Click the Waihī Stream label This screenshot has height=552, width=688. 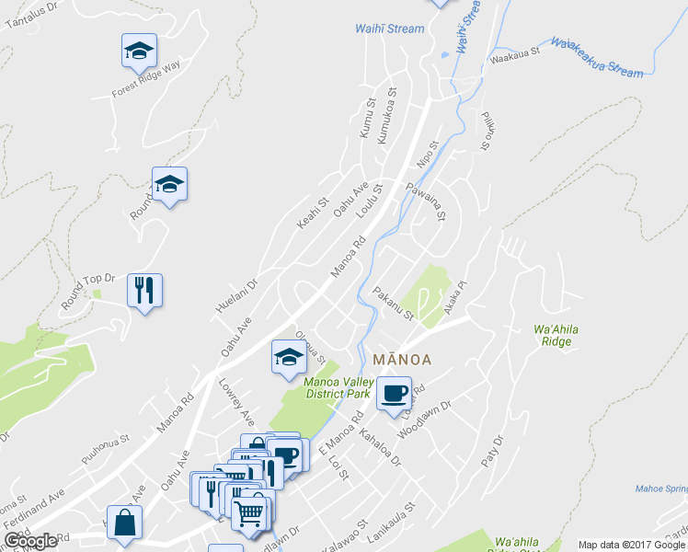(x=390, y=29)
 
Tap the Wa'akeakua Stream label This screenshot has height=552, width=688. (x=597, y=56)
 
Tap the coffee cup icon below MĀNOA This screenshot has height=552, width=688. (x=393, y=393)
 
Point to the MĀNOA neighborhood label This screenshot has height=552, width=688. (x=403, y=358)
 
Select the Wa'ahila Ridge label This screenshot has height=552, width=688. (x=552, y=335)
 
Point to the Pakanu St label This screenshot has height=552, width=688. (x=394, y=305)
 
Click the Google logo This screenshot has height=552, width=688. (x=30, y=540)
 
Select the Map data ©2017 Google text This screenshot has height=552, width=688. (x=631, y=545)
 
